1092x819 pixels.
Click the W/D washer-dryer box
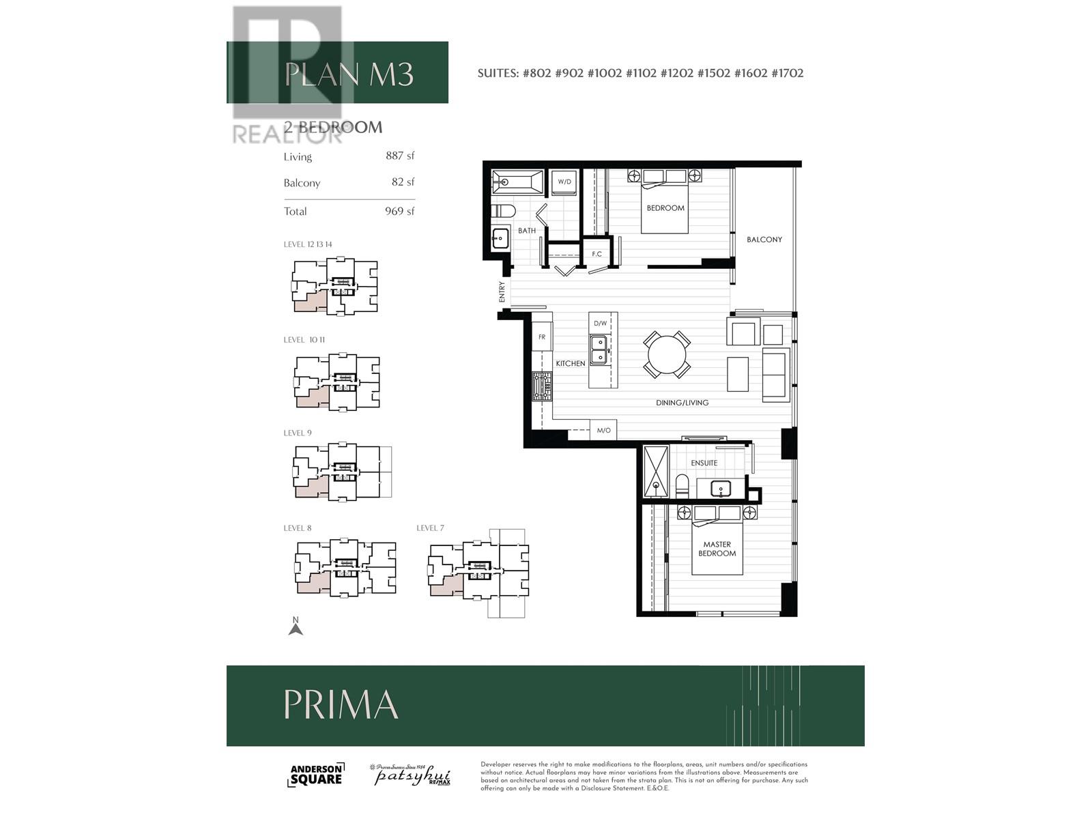pos(564,182)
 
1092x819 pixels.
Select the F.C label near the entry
pos(597,254)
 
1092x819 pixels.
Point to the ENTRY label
pos(502,292)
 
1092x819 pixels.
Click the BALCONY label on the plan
pos(764,240)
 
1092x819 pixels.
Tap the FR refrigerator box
pos(542,337)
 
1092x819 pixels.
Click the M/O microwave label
pos(603,431)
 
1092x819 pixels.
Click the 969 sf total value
pos(399,212)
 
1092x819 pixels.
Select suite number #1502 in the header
pos(713,73)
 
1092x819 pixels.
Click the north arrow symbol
pos(296,627)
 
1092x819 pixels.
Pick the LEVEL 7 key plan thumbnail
pos(479,573)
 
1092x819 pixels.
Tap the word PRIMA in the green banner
pos(341,704)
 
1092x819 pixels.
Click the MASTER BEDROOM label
pos(717,549)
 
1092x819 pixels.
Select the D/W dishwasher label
pos(600,323)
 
